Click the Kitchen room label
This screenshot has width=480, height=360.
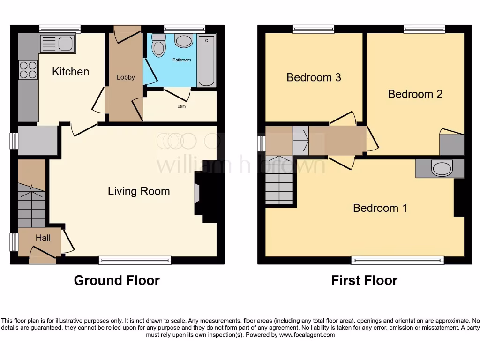70,72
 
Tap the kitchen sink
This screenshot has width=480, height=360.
58,43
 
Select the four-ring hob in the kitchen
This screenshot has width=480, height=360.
28,70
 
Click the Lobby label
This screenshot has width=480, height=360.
126,77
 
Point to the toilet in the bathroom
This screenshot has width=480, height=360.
159,45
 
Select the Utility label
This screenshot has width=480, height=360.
182,107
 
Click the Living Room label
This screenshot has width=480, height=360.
139,191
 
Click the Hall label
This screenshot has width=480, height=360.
43,238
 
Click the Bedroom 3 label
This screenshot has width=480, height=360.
314,77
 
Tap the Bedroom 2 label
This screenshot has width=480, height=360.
415,94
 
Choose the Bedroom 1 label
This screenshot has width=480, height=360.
380,208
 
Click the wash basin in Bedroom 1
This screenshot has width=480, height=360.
442,168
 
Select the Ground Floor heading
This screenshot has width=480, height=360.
117,280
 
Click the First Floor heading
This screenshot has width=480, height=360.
364,280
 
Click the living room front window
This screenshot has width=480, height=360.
135,260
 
